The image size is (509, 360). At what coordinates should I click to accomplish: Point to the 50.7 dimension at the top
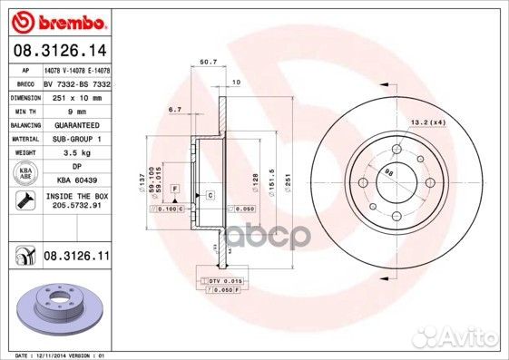(x=207, y=62)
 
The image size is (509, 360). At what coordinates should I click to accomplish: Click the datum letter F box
(x=174, y=188)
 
